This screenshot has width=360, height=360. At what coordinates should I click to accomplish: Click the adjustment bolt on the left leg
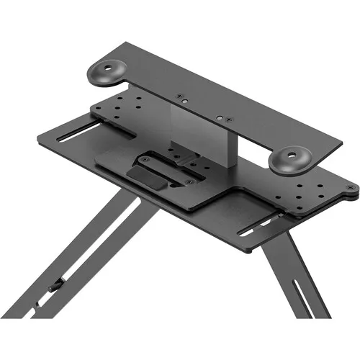pyautogui.click(x=53, y=289)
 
